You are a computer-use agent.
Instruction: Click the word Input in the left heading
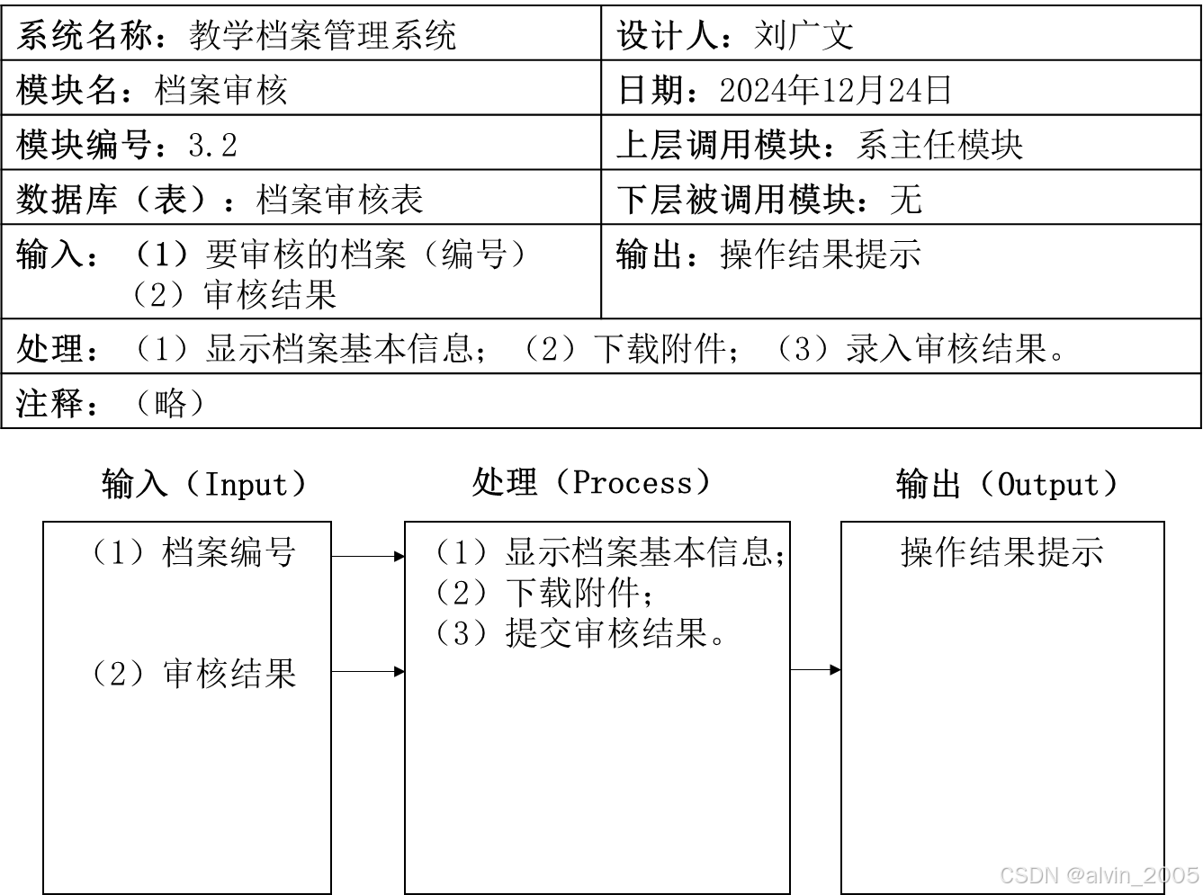coord(245,485)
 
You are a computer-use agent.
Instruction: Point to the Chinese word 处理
coord(505,483)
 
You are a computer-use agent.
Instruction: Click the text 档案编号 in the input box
coord(229,552)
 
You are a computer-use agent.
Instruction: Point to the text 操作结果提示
coord(1001,552)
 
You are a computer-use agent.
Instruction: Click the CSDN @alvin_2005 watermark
coord(1099,875)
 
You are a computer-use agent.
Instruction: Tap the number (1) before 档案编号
coord(120,552)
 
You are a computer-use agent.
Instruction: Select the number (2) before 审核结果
coord(120,674)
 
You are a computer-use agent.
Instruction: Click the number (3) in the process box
coord(462,633)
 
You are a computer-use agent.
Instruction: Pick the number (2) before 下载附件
coord(462,593)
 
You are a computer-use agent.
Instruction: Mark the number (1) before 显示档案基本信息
coord(462,552)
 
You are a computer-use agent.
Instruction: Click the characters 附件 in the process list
coord(607,593)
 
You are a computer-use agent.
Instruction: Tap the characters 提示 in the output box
coord(1070,552)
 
